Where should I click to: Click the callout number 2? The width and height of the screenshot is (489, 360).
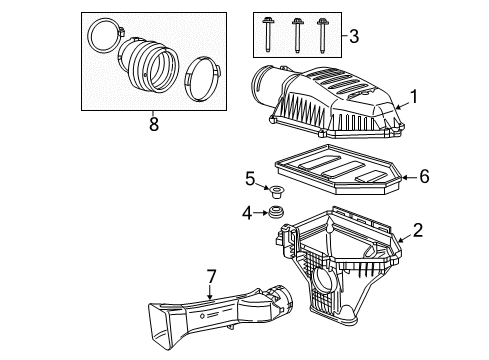(x=418, y=229)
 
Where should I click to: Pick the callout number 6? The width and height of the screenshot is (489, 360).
(x=423, y=176)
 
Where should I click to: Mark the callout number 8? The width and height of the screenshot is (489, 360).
(x=152, y=125)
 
